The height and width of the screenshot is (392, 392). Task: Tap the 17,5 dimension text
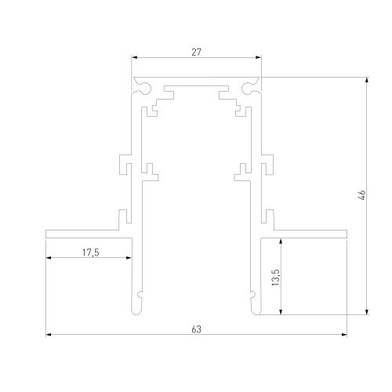tap(90, 252)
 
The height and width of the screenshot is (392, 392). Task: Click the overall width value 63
tap(196, 328)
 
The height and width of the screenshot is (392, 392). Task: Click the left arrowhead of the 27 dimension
tap(133, 57)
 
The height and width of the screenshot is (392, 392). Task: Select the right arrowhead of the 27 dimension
tap(260, 57)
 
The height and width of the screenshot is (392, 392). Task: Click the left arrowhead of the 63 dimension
tap(49, 336)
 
